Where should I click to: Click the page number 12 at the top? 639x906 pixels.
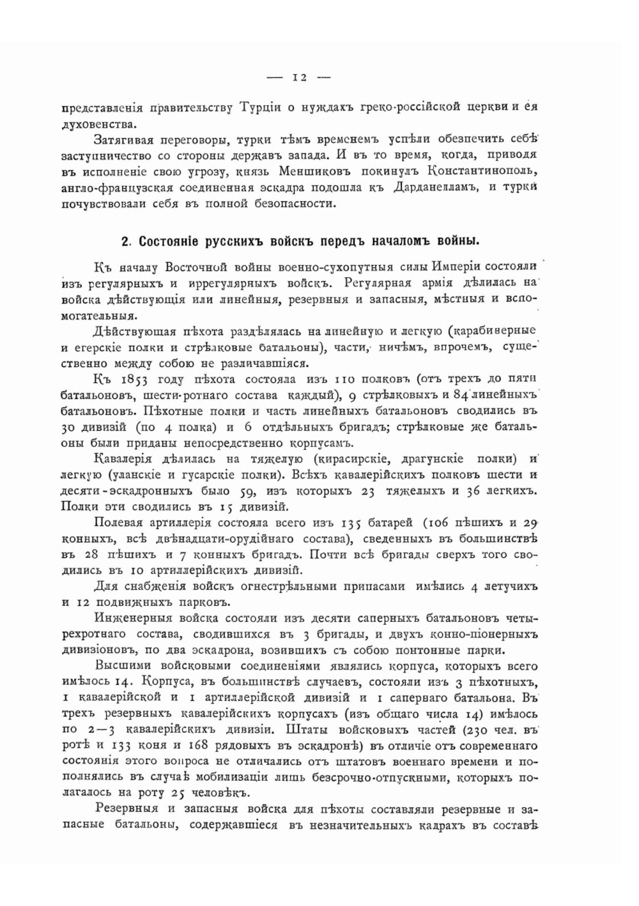pos(300,78)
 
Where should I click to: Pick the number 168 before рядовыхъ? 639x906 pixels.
pos(195,746)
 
